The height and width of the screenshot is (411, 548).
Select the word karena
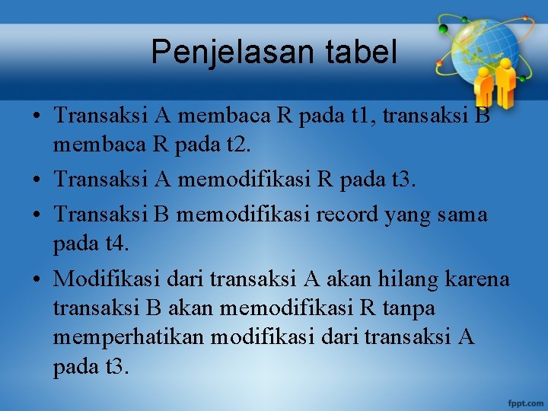click(478, 279)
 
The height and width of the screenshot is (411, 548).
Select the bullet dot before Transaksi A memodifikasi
click(37, 181)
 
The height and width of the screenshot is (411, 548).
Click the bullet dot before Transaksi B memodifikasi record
click(37, 215)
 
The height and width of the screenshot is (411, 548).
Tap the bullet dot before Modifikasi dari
click(37, 280)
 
